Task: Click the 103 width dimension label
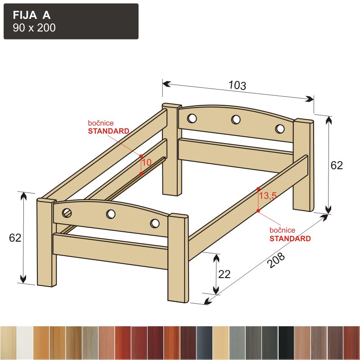238,85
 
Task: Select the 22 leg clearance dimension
224,274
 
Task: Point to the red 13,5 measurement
268,196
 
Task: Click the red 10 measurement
147,162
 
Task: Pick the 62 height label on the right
337,165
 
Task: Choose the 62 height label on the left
15,238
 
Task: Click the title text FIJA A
31,15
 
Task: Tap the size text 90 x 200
34,28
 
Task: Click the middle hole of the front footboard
111,214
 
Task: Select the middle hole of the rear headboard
236,119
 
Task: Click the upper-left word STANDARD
108,131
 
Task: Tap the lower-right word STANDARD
290,238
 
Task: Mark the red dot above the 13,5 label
258,189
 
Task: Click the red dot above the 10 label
141,156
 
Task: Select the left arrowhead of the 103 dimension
166,84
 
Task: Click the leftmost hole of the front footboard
67,213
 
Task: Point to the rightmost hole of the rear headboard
280,129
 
